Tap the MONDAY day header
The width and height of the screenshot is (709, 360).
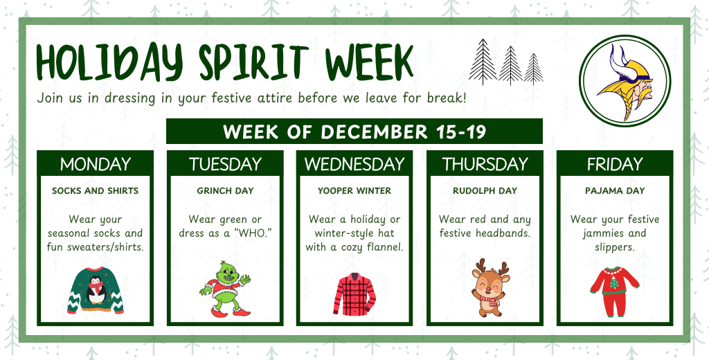(x=96, y=164)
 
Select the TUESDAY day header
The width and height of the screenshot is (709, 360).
(x=225, y=164)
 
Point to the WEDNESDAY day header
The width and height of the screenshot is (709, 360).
(x=354, y=164)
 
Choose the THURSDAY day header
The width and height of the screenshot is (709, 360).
(x=485, y=164)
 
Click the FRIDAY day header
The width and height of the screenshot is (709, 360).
(x=615, y=164)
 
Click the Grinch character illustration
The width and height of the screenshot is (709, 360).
(x=225, y=289)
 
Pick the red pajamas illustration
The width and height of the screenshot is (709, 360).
(x=614, y=291)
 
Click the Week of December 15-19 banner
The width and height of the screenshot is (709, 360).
(x=354, y=132)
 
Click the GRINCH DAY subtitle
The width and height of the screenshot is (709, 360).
(x=225, y=190)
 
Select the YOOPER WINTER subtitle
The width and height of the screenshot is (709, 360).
(x=354, y=190)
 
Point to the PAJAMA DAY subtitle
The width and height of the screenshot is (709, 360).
(x=615, y=190)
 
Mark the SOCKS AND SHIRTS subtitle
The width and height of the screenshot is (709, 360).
(x=96, y=190)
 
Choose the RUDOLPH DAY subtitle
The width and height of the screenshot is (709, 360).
(x=485, y=190)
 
